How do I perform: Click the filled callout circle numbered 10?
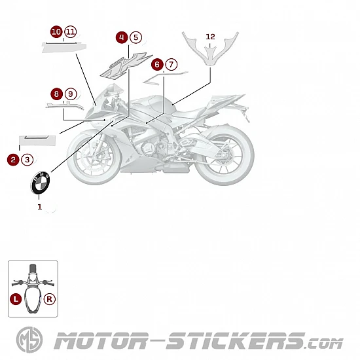56,31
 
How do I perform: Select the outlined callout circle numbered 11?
71,31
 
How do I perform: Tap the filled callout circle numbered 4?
122,37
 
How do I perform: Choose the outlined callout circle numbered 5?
136,37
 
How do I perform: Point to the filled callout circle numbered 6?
157,65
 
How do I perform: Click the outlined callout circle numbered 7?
171,65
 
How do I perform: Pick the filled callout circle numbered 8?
56,94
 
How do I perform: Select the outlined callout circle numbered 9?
71,94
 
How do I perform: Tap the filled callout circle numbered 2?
13,160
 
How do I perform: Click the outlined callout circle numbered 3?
27,160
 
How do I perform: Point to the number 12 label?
210,37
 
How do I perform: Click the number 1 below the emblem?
40,207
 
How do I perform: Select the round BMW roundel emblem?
41,183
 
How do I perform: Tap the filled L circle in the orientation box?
16,299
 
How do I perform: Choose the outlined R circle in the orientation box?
49,299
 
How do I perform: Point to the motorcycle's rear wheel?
224,156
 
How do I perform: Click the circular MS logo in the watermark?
29,340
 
